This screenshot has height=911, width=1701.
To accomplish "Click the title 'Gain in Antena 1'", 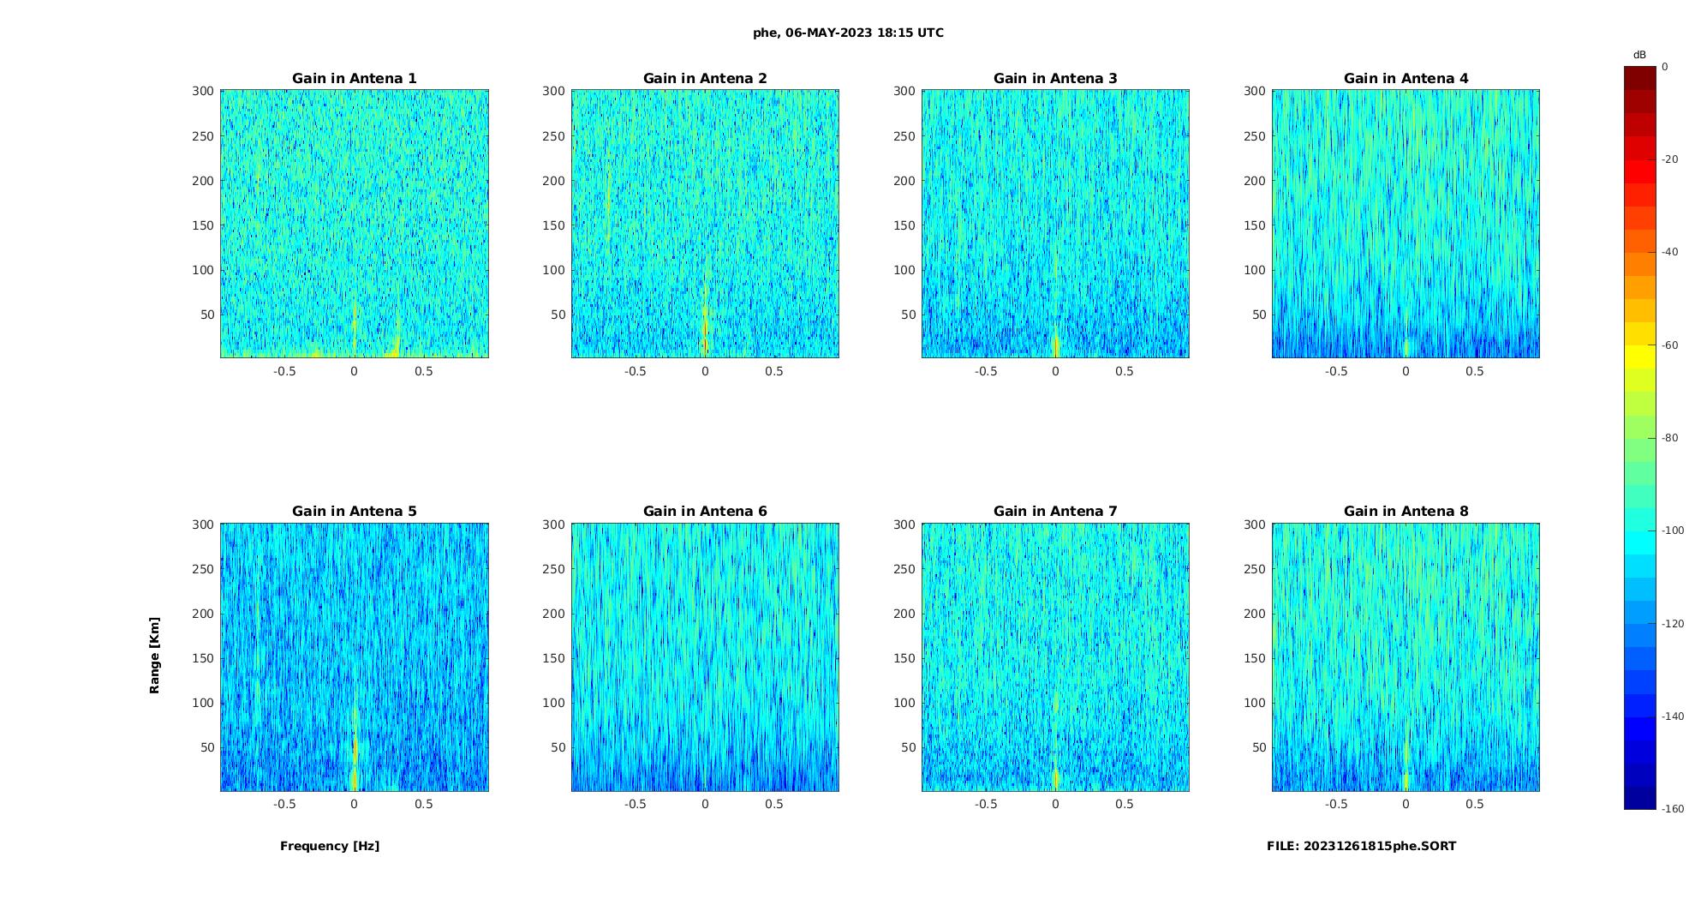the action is coord(355,78).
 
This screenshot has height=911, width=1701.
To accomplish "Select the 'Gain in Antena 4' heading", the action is coord(1406,78).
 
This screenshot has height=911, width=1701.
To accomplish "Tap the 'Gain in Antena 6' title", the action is coord(705,511).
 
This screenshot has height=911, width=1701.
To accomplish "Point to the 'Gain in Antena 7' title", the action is coord(1055,511).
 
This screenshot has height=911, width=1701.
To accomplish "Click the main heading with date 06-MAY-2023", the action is coord(848,33).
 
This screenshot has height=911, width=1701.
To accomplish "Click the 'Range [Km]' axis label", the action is coord(154,655).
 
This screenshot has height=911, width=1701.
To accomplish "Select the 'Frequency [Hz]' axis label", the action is coord(330,846).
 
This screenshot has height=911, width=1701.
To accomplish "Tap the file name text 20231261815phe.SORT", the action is coord(1361,846).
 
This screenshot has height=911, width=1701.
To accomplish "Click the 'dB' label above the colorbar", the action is coord(1639,55).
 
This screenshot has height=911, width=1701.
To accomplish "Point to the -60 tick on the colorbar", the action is coord(1669,345).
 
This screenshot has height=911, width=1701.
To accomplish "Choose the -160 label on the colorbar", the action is coord(1672,809).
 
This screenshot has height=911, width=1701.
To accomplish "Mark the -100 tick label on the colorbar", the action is coord(1672,530).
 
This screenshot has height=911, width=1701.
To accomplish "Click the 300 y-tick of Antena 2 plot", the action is coord(553,91).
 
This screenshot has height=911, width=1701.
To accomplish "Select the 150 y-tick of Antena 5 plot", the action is coord(203,658).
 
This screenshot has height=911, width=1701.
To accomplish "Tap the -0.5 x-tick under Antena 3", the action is coord(986,371).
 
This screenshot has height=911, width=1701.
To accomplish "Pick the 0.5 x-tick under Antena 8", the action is coord(1474,804).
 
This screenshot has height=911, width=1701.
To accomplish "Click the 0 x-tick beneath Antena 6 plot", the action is coord(705,804).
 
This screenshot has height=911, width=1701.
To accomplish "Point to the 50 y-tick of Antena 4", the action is coord(1258,315).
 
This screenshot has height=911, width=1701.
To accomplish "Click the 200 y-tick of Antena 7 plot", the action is coord(904,614).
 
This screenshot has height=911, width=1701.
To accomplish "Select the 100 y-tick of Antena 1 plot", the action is coord(203,270).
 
